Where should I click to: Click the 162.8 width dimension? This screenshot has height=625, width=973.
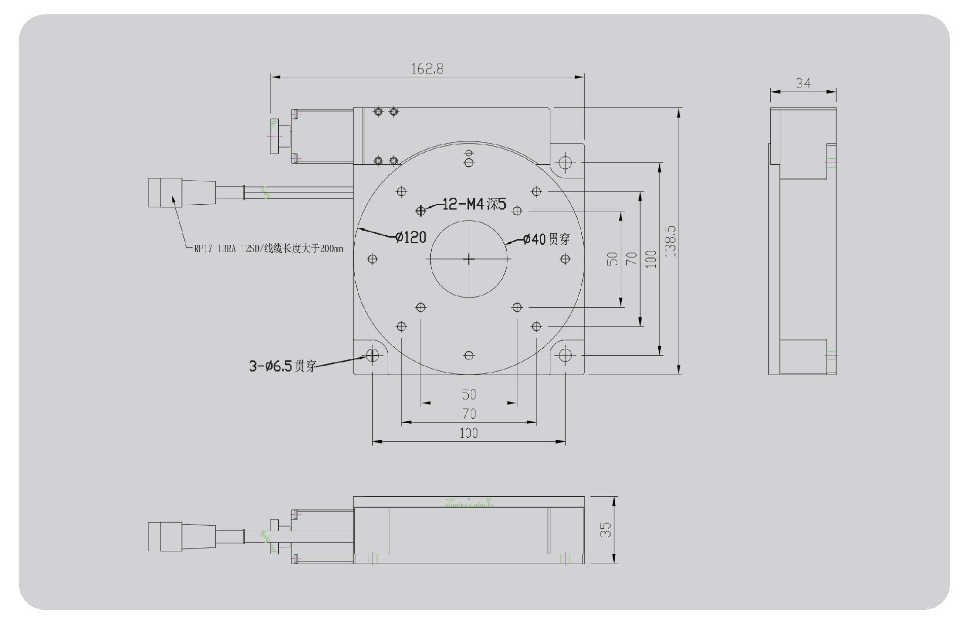(427, 69)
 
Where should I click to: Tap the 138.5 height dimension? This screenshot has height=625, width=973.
(670, 241)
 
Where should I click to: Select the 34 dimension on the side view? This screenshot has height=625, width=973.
(803, 83)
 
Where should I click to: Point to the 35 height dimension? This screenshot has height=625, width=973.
(606, 530)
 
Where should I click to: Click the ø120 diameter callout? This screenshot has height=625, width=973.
(410, 237)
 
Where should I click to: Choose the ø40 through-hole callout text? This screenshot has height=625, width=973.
(546, 239)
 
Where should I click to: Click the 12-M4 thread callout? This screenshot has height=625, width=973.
(474, 204)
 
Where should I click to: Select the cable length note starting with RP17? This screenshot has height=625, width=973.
(268, 249)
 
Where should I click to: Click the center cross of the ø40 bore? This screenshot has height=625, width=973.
(469, 260)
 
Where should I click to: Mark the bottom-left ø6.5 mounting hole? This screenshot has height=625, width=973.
(372, 355)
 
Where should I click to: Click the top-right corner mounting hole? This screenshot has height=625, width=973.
(565, 163)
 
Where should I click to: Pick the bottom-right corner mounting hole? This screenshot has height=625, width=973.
(565, 355)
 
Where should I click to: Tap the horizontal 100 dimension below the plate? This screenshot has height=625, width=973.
(468, 433)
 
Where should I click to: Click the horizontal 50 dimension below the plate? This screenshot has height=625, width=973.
(469, 394)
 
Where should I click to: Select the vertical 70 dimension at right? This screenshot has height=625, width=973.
(631, 259)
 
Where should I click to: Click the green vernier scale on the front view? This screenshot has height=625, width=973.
(469, 503)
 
